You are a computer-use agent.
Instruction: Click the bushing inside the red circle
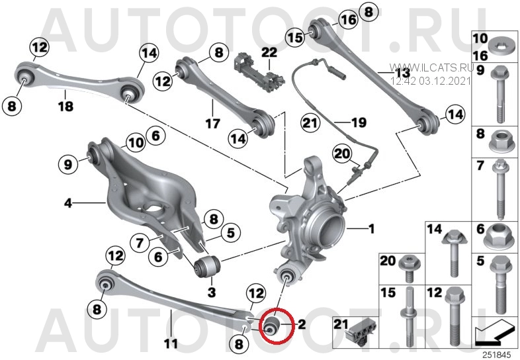(x=273, y=325)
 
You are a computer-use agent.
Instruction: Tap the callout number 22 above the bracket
(x=269, y=52)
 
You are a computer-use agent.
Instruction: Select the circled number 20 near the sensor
(x=342, y=154)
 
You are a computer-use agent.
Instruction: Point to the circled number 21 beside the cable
(x=310, y=123)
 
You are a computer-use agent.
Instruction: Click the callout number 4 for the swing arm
(x=68, y=202)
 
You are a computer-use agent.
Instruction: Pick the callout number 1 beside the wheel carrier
(x=372, y=228)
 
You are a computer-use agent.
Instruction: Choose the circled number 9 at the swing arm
(x=67, y=164)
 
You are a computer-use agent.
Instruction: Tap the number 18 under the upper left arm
(x=65, y=107)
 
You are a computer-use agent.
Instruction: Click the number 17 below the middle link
(x=212, y=124)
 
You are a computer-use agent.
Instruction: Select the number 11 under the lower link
(x=171, y=343)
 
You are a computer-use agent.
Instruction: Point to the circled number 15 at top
(x=296, y=37)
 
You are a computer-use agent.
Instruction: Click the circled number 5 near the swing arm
(x=230, y=233)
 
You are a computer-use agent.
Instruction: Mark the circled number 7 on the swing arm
(x=140, y=243)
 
